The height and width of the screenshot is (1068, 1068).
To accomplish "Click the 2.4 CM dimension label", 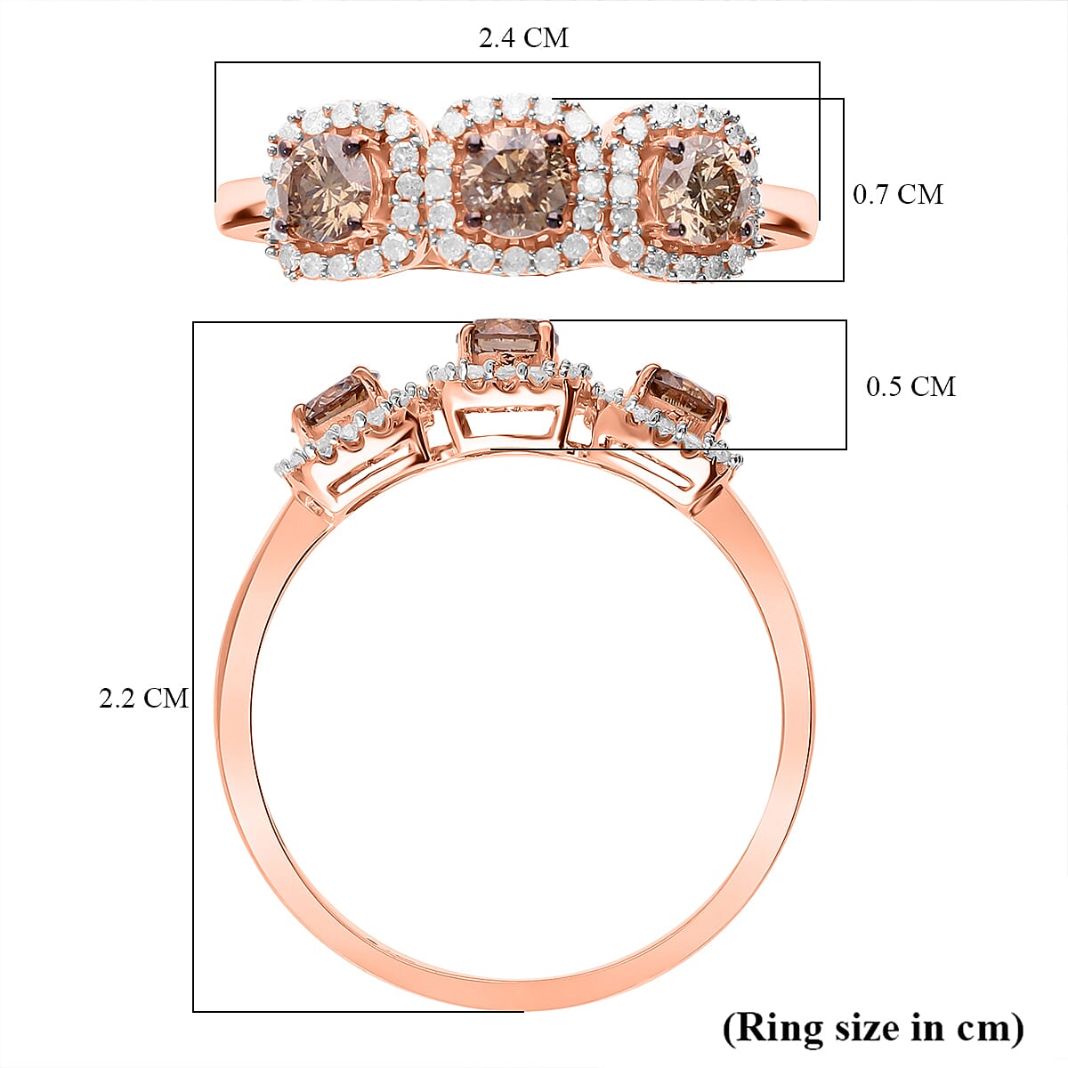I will tap(523, 38).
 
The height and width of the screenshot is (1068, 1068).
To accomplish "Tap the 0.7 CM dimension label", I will tap(897, 194).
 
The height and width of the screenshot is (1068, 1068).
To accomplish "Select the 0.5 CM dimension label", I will tap(910, 386).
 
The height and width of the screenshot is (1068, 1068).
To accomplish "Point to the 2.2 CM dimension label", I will tap(143, 698).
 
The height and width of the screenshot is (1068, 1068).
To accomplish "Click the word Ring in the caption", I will tap(779, 1027).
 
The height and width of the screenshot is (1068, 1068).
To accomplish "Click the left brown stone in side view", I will tap(339, 401).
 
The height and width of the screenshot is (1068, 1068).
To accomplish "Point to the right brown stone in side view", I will tap(680, 395).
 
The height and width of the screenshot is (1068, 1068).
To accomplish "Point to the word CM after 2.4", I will tap(546, 38).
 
